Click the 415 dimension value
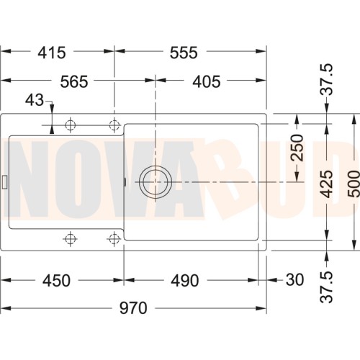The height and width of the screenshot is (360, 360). pyautogui.click(x=52, y=53)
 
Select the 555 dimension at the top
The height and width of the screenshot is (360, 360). pyautogui.click(x=184, y=53)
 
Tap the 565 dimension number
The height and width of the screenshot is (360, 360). pyautogui.click(x=74, y=82)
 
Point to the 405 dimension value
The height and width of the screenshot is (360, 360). pyautogui.click(x=207, y=82)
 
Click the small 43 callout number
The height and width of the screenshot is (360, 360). pyautogui.click(x=35, y=100)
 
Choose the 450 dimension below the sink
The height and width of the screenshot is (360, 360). pyautogui.click(x=56, y=281)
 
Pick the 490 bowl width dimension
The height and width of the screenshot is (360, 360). pyautogui.click(x=185, y=281)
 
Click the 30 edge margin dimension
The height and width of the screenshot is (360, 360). pyautogui.click(x=295, y=280)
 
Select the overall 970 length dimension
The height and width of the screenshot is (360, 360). pyautogui.click(x=133, y=308)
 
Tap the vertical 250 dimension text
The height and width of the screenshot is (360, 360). pyautogui.click(x=297, y=148)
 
